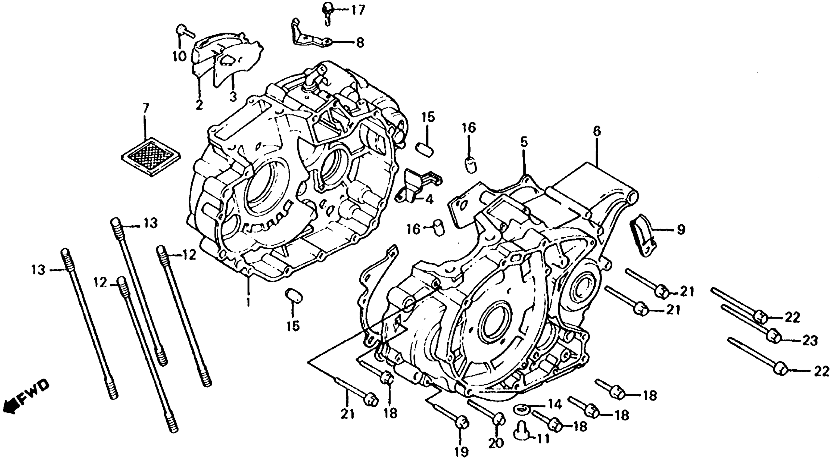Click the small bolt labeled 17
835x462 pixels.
click(327, 8)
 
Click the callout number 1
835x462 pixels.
click(248, 302)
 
